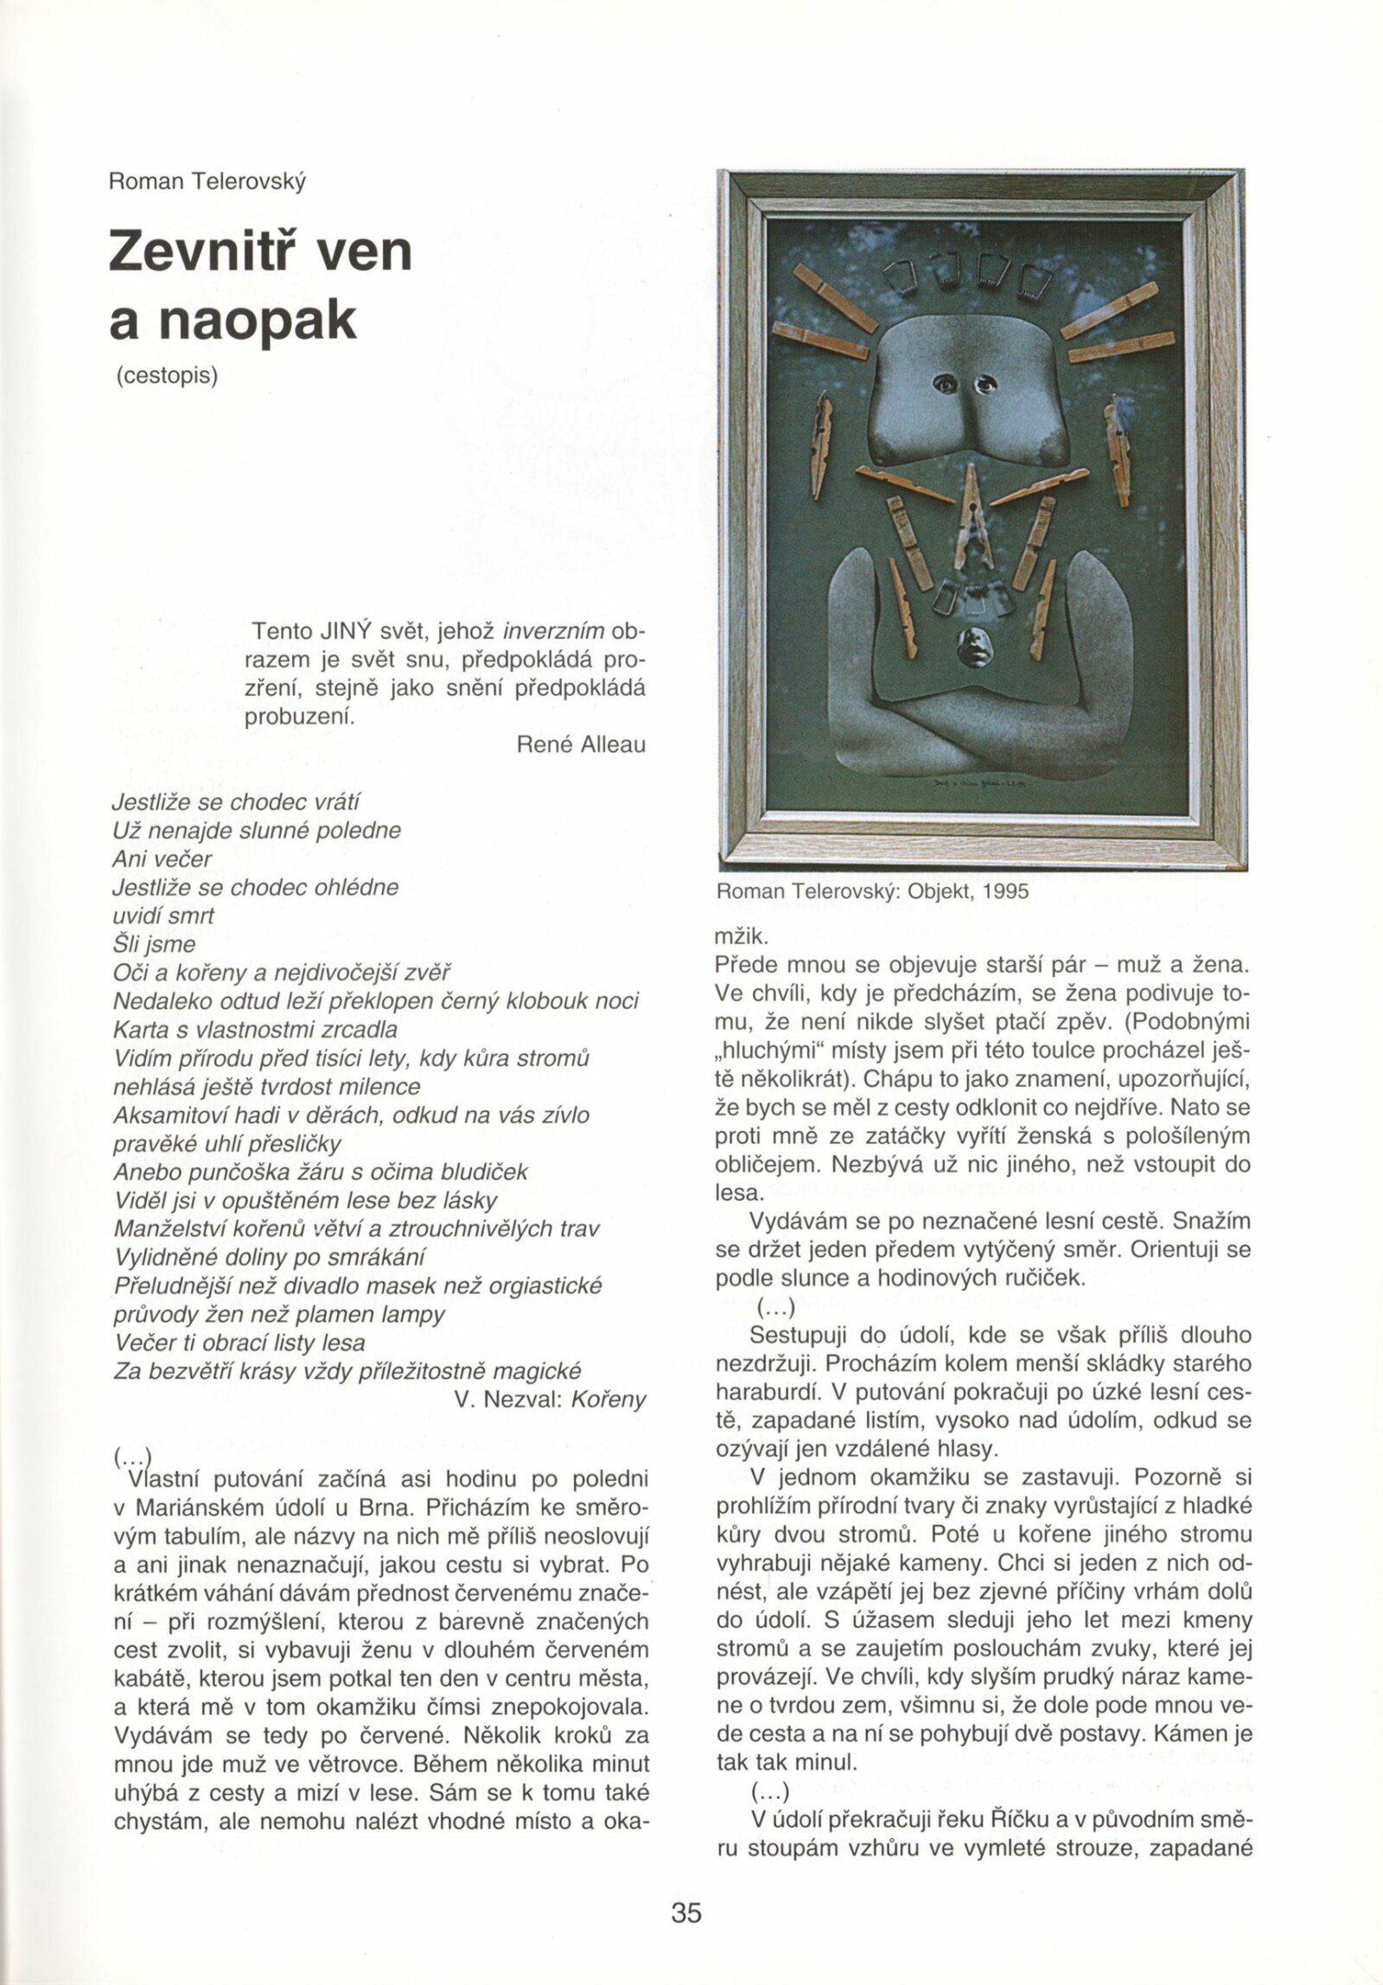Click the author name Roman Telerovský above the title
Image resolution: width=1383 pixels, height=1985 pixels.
[207, 182]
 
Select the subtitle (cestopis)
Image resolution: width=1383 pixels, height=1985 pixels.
[166, 378]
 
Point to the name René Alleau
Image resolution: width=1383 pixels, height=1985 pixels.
[581, 744]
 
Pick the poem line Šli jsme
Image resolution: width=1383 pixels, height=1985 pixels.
[155, 944]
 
